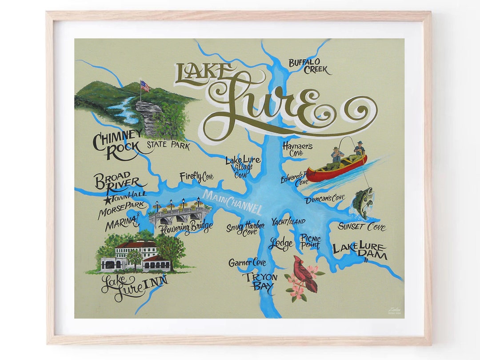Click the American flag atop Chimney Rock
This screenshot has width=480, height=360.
145,86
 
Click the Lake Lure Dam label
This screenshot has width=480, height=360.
360,251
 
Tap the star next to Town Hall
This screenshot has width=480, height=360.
107,200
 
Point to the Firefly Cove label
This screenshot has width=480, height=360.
196,177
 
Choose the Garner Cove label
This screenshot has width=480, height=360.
247,263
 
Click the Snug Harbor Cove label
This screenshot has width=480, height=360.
245,228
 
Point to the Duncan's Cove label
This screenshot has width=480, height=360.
325,199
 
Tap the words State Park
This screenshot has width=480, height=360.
168,145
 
